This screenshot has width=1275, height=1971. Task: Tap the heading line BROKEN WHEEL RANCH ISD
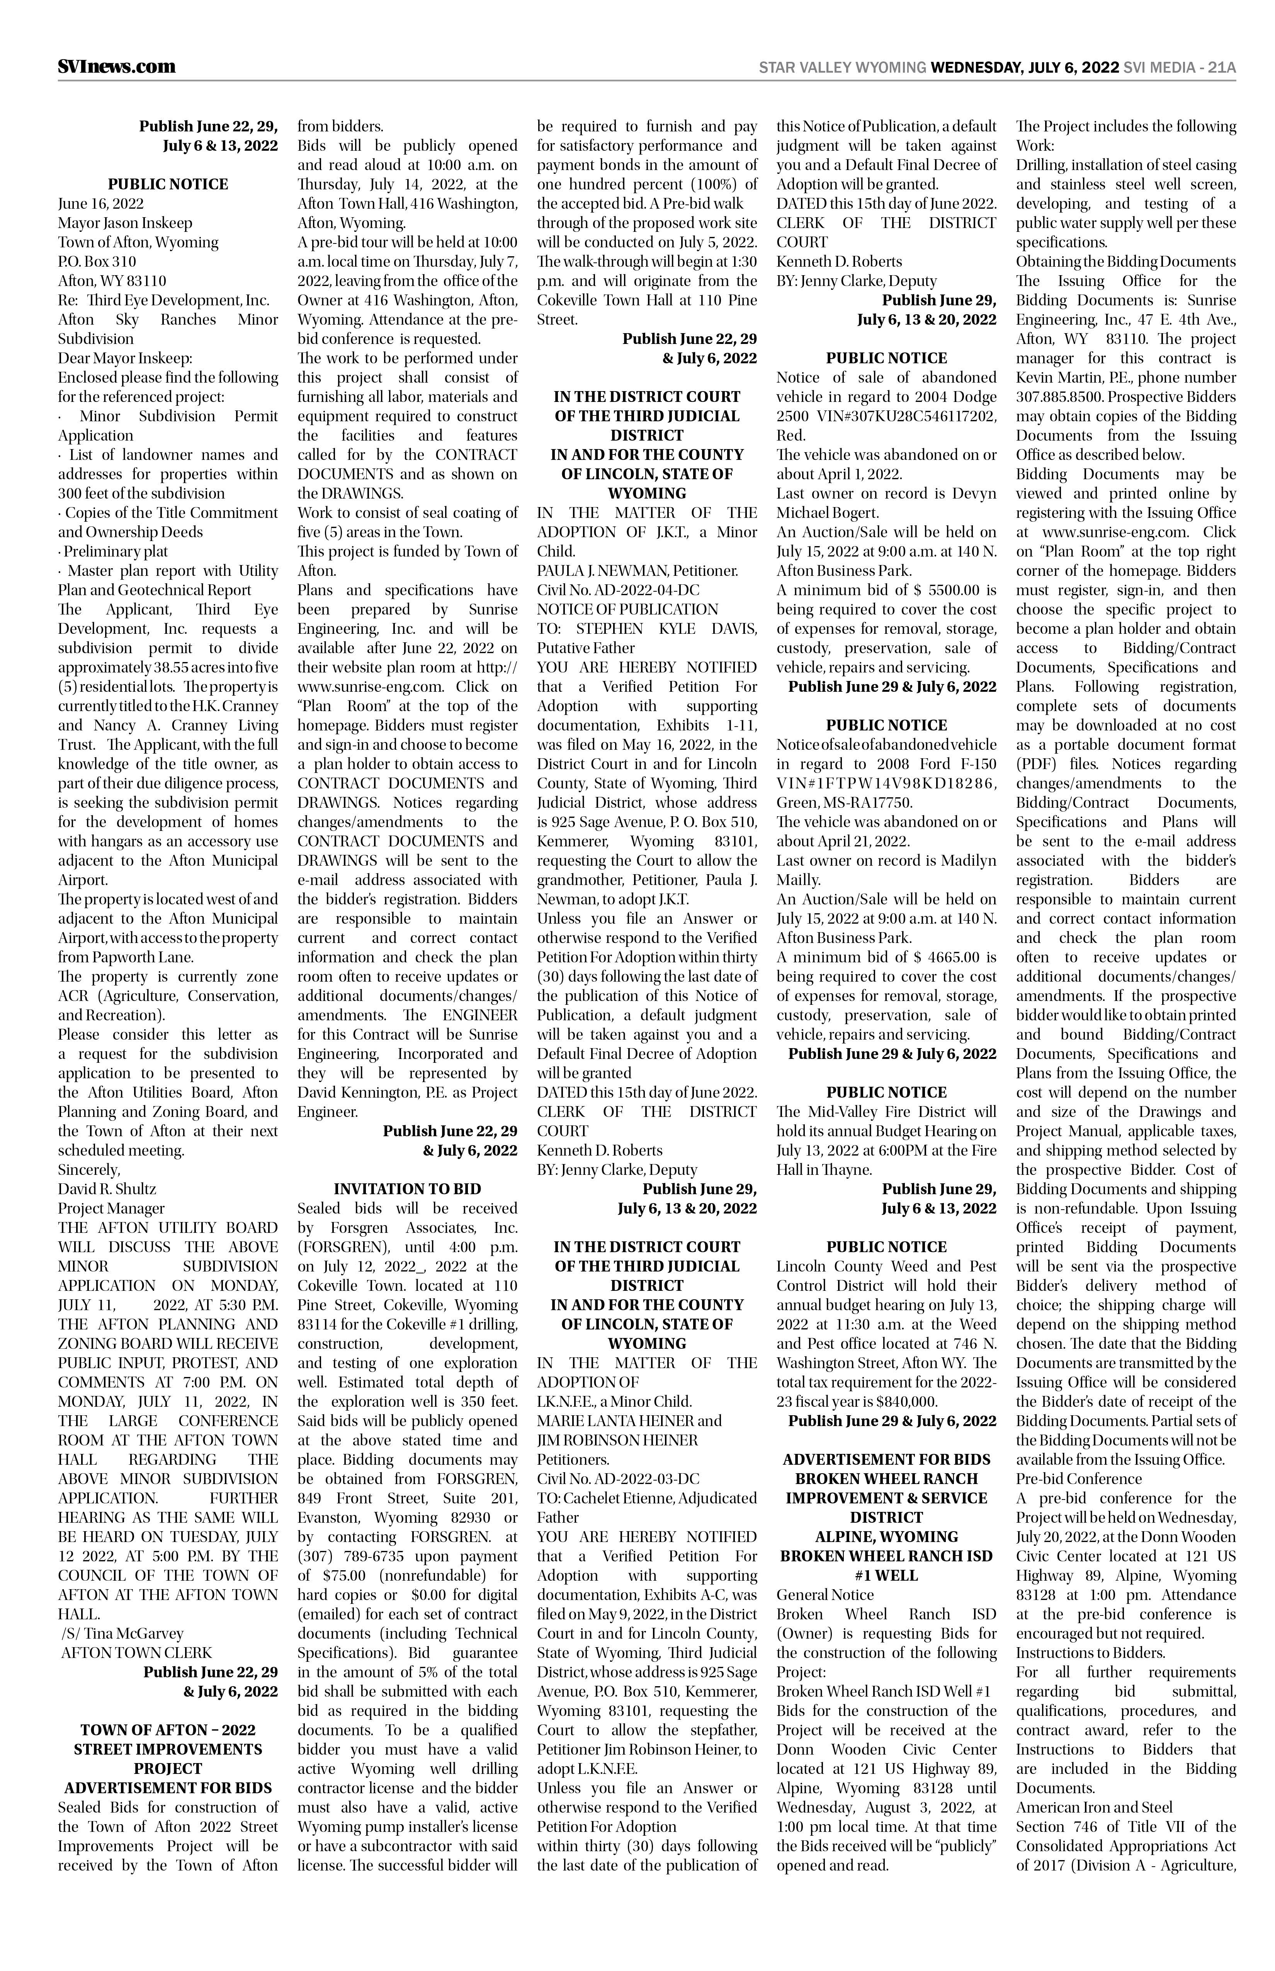pos(886,1556)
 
